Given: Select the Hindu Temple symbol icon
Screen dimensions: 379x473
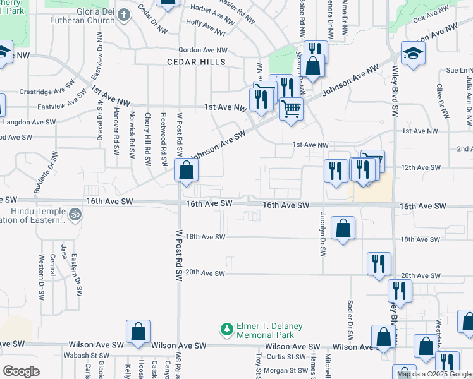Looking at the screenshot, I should [75, 215].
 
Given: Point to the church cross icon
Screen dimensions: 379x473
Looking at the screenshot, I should [124, 14].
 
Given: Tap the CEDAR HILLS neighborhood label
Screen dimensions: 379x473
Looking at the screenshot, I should [196, 62].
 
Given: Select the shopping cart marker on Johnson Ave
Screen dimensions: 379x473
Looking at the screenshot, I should [291, 109].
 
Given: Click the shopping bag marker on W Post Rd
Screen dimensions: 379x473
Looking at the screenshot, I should [186, 171].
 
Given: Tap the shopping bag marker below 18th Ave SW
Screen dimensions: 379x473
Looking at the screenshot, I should [343, 229].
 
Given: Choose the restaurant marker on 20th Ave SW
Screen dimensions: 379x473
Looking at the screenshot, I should [379, 264].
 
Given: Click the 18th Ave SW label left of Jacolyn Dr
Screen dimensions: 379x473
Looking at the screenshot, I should [206, 238].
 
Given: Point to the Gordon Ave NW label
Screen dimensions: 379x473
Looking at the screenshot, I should [202, 50].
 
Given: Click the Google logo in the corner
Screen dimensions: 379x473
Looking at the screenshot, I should [21, 371].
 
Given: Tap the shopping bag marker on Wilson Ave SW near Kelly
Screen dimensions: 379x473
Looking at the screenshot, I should [138, 332].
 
